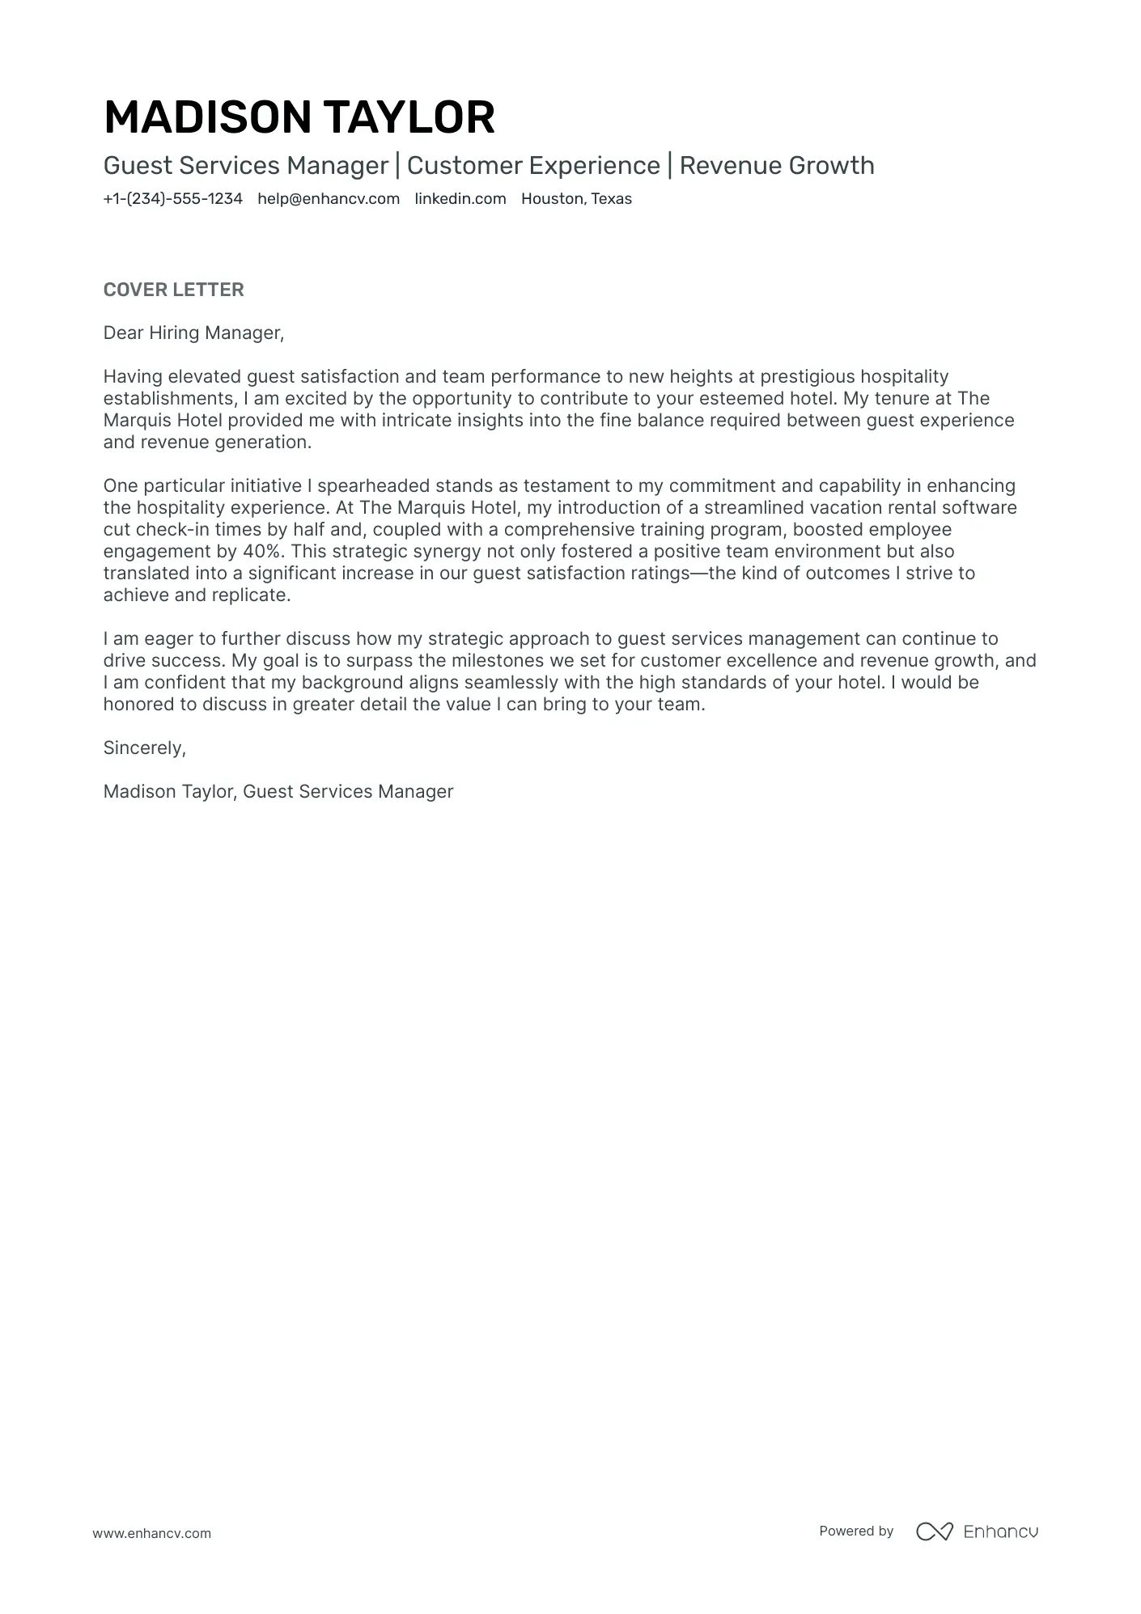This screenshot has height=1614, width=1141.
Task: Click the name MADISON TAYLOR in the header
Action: pyautogui.click(x=299, y=117)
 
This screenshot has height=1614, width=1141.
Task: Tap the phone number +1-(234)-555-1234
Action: pyautogui.click(x=172, y=199)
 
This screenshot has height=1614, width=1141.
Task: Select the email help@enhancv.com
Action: pyautogui.click(x=329, y=199)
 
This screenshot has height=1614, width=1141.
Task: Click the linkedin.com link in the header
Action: pyautogui.click(x=460, y=199)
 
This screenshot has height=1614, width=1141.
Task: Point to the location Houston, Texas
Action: pyautogui.click(x=576, y=199)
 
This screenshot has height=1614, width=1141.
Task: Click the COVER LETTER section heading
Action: pyautogui.click(x=173, y=290)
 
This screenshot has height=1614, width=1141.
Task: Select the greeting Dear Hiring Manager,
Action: pyautogui.click(x=193, y=333)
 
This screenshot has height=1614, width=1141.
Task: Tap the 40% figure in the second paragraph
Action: pyautogui.click(x=264, y=552)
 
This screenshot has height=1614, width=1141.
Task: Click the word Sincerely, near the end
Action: pyautogui.click(x=144, y=748)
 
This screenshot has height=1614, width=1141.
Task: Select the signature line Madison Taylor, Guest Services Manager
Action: pyautogui.click(x=278, y=791)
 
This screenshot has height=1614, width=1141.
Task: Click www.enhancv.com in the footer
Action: pyautogui.click(x=151, y=1533)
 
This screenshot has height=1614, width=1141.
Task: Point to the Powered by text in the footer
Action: pyautogui.click(x=855, y=1531)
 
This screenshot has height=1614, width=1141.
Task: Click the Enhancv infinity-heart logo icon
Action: pyautogui.click(x=934, y=1531)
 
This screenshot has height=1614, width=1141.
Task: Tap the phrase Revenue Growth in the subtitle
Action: pyautogui.click(x=776, y=166)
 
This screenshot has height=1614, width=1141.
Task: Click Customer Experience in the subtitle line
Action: pyautogui.click(x=533, y=166)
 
